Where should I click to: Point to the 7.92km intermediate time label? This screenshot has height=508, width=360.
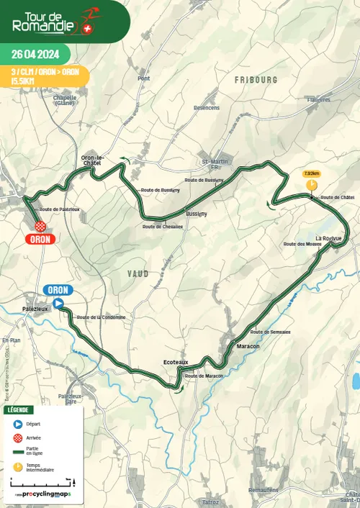tap(312, 173)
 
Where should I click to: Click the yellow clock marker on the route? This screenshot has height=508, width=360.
tap(312, 186)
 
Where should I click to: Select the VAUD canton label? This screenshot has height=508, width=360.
tap(138, 273)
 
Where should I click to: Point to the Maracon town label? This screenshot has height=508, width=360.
tap(248, 346)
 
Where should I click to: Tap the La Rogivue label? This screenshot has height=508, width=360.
tap(328, 237)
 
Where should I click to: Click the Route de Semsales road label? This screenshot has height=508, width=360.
tap(270, 332)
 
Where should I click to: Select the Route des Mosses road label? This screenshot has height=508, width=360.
tap(302, 244)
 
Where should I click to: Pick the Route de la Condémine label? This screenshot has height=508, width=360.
tap(101, 317)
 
